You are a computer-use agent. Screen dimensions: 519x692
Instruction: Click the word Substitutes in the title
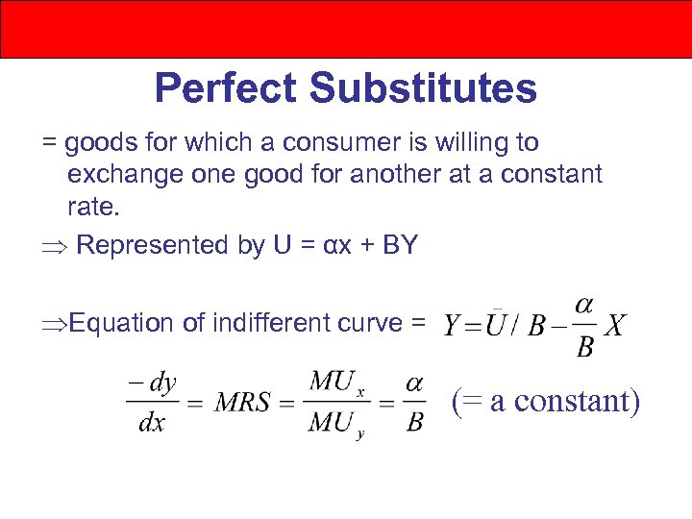423,89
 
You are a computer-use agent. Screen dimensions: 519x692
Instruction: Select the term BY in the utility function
399,245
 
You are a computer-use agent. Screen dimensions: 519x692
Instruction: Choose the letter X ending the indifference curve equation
616,327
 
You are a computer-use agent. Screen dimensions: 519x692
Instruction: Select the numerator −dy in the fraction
152,383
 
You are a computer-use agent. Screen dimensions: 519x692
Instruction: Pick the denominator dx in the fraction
152,423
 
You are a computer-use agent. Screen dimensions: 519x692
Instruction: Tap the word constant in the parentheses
572,400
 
